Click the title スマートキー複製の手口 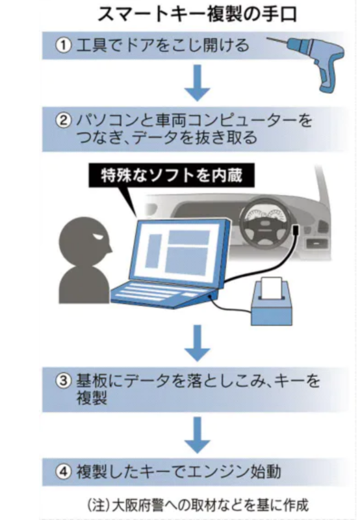[198, 14]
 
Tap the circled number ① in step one [63, 45]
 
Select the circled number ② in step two [63, 120]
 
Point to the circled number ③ [63, 380]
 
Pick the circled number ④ [63, 471]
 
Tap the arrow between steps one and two [198, 83]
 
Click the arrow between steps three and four [198, 435]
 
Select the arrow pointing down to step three [198, 343]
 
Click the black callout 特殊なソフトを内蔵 [172, 175]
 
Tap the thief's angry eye [99, 237]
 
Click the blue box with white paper [272, 301]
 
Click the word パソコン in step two [107, 120]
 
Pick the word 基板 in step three [92, 380]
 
